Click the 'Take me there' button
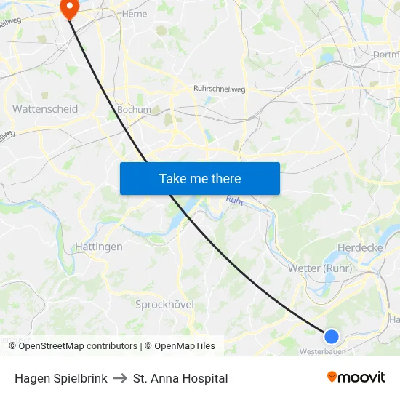(200, 178)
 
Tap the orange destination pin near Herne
(70, 8)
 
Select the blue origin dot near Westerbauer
(331, 336)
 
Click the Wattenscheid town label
(45, 108)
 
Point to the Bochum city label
(134, 110)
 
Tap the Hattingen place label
(99, 247)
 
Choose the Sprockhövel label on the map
(164, 305)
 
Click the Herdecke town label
(361, 247)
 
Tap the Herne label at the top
(135, 14)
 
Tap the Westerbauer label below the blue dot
(321, 351)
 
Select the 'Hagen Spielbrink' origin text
(61, 378)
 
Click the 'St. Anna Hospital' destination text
(180, 378)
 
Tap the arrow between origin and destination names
(121, 378)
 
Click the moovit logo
(356, 377)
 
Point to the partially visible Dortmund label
(385, 54)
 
